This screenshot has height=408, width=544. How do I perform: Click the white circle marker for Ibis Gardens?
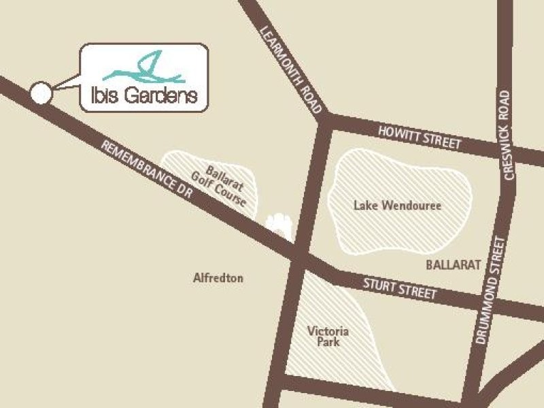[41, 93]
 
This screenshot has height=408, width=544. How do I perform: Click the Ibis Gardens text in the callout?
[143, 96]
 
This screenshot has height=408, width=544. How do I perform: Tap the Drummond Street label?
[491, 289]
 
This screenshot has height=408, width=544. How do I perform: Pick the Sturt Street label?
[400, 287]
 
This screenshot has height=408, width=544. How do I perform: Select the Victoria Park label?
[328, 337]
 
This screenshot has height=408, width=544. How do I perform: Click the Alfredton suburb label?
[218, 278]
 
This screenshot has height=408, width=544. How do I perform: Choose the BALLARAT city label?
[454, 264]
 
